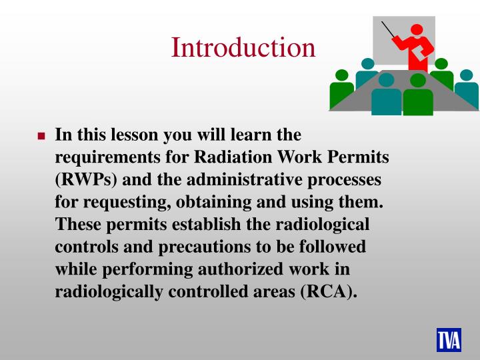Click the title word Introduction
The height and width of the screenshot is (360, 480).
[243, 47]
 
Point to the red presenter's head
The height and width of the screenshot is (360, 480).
[417, 31]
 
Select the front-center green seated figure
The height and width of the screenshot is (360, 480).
[418, 97]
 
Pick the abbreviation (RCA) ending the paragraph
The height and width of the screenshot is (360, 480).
[327, 291]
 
